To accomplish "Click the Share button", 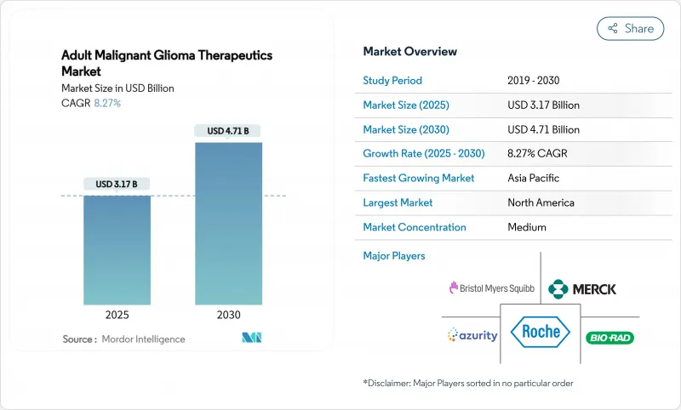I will coord(630,28).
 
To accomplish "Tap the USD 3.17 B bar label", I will coord(117,185).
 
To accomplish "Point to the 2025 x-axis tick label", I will coord(117,314).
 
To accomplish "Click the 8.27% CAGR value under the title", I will coord(106,103).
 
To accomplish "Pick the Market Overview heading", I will coord(409,52).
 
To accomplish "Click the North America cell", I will coord(541,203).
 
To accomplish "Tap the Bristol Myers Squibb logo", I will coord(492,288).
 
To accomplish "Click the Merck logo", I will coord(582,288).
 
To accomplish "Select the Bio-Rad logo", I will coord(610,338).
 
